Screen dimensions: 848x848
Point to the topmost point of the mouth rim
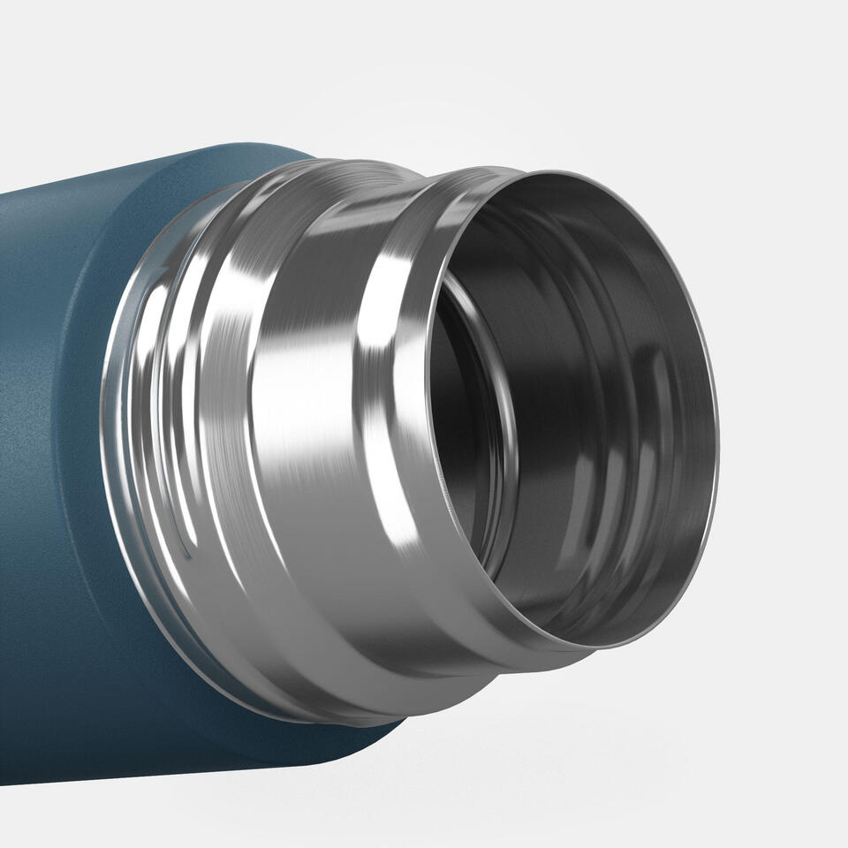click(565, 172)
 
